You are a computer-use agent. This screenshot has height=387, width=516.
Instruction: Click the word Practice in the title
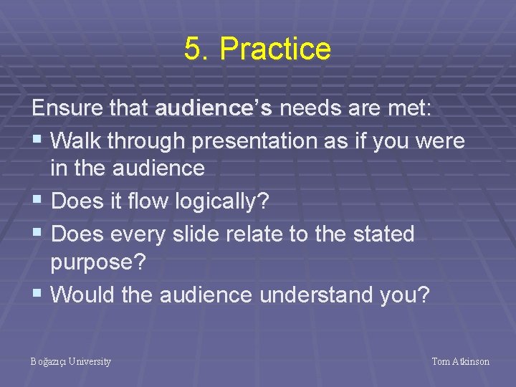[x=275, y=49]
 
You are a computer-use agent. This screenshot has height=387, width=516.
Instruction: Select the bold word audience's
[x=214, y=110]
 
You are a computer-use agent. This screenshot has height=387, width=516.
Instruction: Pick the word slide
[x=219, y=234]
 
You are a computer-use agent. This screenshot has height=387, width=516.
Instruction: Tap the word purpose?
[x=98, y=263]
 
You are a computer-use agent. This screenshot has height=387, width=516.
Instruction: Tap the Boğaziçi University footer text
[x=71, y=362]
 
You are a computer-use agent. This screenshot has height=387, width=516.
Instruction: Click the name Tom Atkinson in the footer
[x=460, y=362]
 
